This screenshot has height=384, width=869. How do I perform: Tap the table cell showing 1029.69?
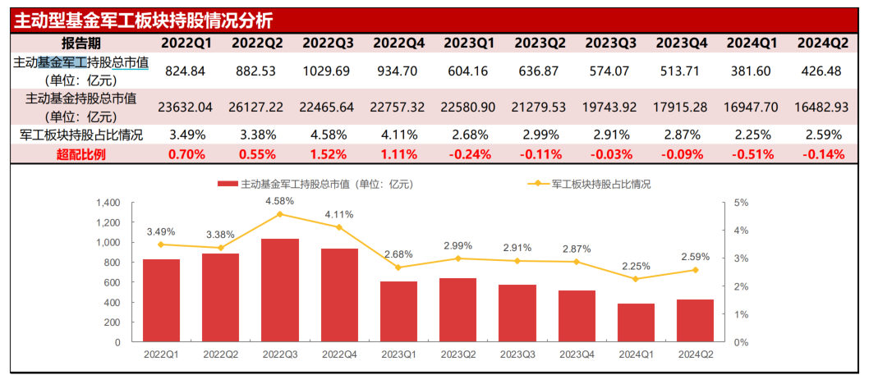coord(327,71)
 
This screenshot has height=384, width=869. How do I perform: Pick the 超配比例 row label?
coord(81,153)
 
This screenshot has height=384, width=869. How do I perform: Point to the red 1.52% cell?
coord(327,153)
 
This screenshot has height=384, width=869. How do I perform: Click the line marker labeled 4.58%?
coord(279,214)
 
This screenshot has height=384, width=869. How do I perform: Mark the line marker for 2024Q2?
coord(695,270)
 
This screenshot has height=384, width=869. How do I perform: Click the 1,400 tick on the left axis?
coord(108,203)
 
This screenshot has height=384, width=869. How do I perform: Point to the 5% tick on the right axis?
coord(740,203)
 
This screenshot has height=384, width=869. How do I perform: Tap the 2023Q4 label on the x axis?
coord(576,354)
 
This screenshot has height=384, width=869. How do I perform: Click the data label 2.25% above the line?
coord(636,266)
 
